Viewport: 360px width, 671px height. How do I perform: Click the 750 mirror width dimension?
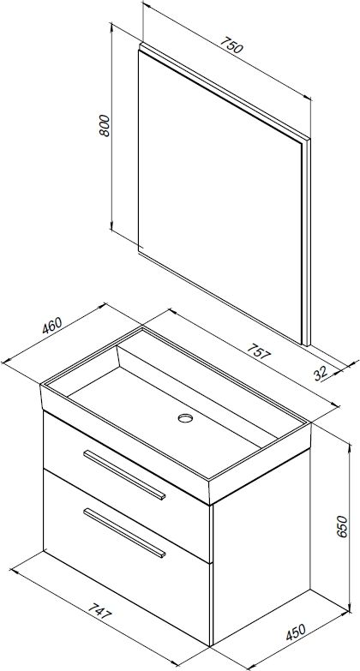pyautogui.click(x=231, y=45)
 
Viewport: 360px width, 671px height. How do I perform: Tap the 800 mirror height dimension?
pyautogui.click(x=105, y=126)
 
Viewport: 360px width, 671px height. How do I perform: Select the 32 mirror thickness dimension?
pyautogui.click(x=321, y=374)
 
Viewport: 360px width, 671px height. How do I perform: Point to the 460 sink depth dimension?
pyautogui.click(x=51, y=326)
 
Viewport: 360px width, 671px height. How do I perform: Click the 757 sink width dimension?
pyautogui.click(x=259, y=351)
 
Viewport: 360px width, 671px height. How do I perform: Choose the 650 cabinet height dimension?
pyautogui.click(x=344, y=527)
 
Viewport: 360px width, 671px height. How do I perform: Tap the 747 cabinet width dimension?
pyautogui.click(x=99, y=613)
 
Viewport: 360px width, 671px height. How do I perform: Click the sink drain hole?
pyautogui.click(x=185, y=417)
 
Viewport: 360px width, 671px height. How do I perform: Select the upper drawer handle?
pyautogui.click(x=124, y=475)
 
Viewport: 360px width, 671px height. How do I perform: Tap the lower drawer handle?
pyautogui.click(x=124, y=533)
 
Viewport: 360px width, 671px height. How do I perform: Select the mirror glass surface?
pyautogui.click(x=219, y=195)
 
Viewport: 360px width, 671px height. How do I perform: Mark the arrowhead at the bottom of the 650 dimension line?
pyautogui.click(x=350, y=608)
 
